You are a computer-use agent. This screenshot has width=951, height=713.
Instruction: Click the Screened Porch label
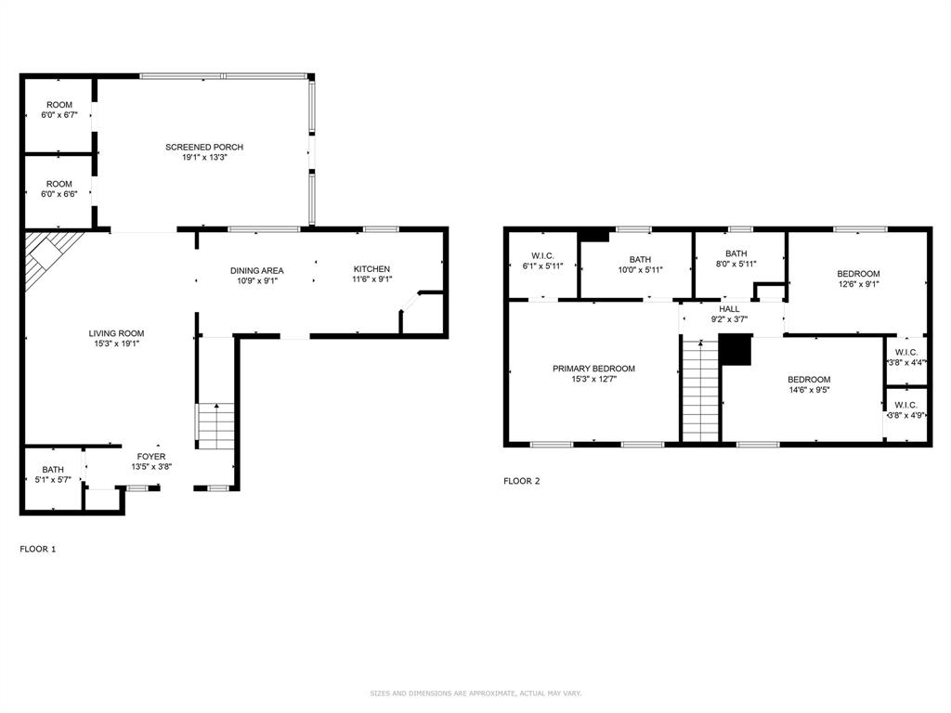pyautogui.click(x=204, y=147)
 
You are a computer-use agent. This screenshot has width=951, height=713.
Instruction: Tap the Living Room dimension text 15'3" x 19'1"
pyautogui.click(x=116, y=344)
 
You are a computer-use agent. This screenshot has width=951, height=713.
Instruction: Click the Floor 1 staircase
pyautogui.click(x=215, y=425)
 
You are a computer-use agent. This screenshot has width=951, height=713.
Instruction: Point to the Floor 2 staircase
pyautogui.click(x=700, y=390)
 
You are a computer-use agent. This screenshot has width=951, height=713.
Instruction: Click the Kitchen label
pyautogui.click(x=371, y=268)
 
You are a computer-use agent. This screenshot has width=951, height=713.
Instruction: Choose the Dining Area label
pyautogui.click(x=256, y=270)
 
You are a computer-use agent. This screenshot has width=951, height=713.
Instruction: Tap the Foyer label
pyautogui.click(x=151, y=457)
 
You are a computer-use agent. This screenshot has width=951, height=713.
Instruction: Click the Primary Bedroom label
pyautogui.click(x=593, y=368)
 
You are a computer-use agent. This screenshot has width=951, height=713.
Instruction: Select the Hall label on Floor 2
pyautogui.click(x=729, y=308)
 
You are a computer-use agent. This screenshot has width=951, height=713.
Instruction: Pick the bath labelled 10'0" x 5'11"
pyautogui.click(x=640, y=265)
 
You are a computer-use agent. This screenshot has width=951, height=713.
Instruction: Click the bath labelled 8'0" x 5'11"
pyautogui.click(x=736, y=258)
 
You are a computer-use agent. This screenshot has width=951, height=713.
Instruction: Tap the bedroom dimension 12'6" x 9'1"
pyautogui.click(x=858, y=284)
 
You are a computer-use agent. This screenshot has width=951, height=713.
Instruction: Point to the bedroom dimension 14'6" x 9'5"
pyautogui.click(x=809, y=390)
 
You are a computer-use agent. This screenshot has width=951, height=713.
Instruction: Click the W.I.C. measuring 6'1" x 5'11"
pyautogui.click(x=542, y=261)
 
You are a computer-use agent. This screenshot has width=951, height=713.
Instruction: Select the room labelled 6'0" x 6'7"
pyautogui.click(x=59, y=110)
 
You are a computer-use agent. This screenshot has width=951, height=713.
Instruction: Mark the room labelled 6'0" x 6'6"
pyautogui.click(x=59, y=188)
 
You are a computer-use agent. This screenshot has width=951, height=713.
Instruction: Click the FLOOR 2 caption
pyautogui.click(x=522, y=481)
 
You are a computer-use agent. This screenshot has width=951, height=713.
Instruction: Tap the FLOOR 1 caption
pyautogui.click(x=37, y=549)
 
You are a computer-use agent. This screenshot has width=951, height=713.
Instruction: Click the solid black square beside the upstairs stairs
pyautogui.click(x=736, y=351)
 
